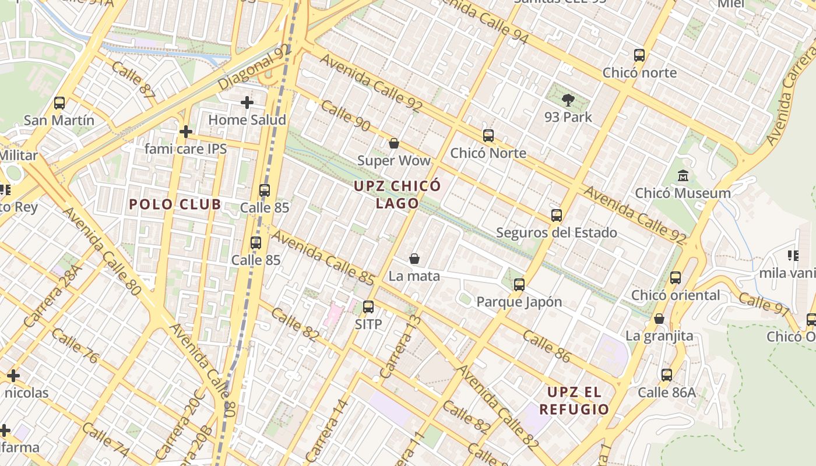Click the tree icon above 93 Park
568,100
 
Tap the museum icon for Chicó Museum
683,175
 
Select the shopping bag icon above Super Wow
394,143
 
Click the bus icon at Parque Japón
519,285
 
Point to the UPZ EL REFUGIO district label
574,400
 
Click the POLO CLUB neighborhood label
175,204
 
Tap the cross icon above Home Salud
247,103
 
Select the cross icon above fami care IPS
185,132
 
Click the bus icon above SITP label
368,307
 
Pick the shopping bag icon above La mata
414,259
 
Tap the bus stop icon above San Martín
59,103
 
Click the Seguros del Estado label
556,233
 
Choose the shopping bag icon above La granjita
659,319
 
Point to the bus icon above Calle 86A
666,375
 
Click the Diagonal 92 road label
254,68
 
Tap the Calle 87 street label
133,80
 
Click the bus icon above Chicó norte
639,56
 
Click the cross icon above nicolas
13,376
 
